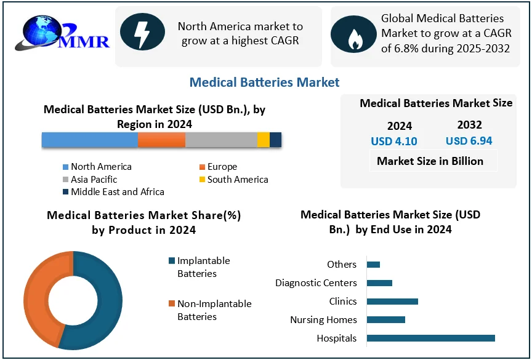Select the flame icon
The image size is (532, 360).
[355, 36]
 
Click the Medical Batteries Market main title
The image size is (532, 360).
[264, 82]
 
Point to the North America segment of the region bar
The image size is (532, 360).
[90, 140]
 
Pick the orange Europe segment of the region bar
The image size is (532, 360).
[161, 140]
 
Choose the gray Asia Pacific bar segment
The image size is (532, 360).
[221, 140]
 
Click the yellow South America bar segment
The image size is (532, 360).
[263, 140]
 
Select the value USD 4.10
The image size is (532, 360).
[394, 141]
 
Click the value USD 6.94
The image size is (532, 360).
[469, 141]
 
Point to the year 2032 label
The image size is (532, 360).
[469, 125]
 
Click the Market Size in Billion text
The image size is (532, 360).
[430, 161]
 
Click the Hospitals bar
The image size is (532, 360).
[430, 338]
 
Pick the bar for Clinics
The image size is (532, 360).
[392, 301]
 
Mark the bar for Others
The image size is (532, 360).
[373, 264]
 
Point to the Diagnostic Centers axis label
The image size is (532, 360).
[316, 282]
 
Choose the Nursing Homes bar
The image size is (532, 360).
[385, 319]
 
